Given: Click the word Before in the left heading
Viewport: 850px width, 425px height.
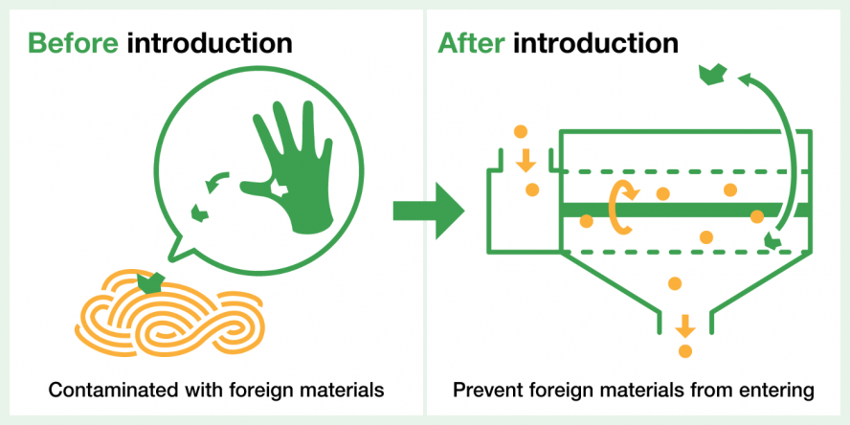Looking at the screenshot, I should point(73,43).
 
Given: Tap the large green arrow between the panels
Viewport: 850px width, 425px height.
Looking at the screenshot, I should point(427,211).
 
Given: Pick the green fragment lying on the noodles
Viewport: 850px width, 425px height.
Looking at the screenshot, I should point(150,281).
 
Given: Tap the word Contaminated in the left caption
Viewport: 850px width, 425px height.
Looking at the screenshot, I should point(106,391).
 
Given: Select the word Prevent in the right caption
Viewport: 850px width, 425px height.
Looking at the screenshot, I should point(481,391).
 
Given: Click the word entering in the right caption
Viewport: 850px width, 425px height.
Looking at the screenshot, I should point(783,391).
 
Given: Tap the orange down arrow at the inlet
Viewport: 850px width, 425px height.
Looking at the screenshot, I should point(526,160).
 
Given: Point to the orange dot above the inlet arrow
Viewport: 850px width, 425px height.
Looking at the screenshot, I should point(520,131).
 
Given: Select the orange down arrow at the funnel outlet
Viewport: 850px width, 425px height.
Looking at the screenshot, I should point(684,324).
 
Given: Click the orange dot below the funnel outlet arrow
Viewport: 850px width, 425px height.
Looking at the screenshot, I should point(684,351).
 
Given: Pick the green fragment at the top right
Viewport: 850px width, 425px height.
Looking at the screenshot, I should point(712,72).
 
